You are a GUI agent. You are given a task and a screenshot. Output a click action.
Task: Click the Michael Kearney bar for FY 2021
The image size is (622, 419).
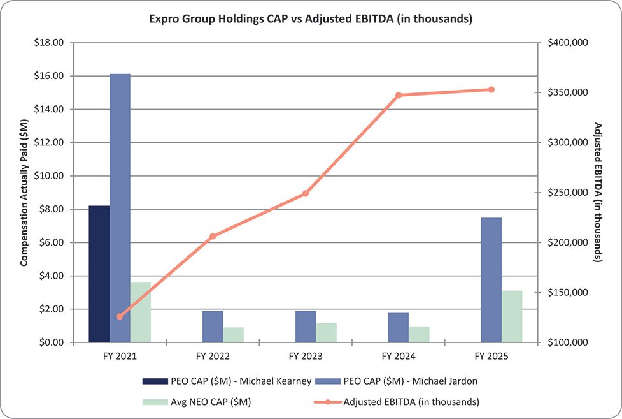[99, 274]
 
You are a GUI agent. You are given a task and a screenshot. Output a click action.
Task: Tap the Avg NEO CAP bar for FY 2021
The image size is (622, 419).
[140, 312]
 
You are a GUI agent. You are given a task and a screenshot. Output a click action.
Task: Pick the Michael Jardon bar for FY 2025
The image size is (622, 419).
[491, 280]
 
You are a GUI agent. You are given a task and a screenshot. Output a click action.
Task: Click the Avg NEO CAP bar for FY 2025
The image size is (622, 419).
[512, 316]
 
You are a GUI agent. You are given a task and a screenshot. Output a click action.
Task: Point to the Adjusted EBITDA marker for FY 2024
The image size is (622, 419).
[399, 95]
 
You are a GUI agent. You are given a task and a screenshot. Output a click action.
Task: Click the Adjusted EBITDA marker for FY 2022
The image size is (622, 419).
[213, 236]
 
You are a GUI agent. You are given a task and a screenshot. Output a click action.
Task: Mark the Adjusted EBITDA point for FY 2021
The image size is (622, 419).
[120, 316]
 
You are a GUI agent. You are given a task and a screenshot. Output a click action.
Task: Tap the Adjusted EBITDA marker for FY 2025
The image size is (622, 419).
[491, 89]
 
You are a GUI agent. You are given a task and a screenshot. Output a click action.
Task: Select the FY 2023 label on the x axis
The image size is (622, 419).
[306, 355]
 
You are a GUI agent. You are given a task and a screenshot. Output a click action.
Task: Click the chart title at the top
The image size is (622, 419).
[311, 19]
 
